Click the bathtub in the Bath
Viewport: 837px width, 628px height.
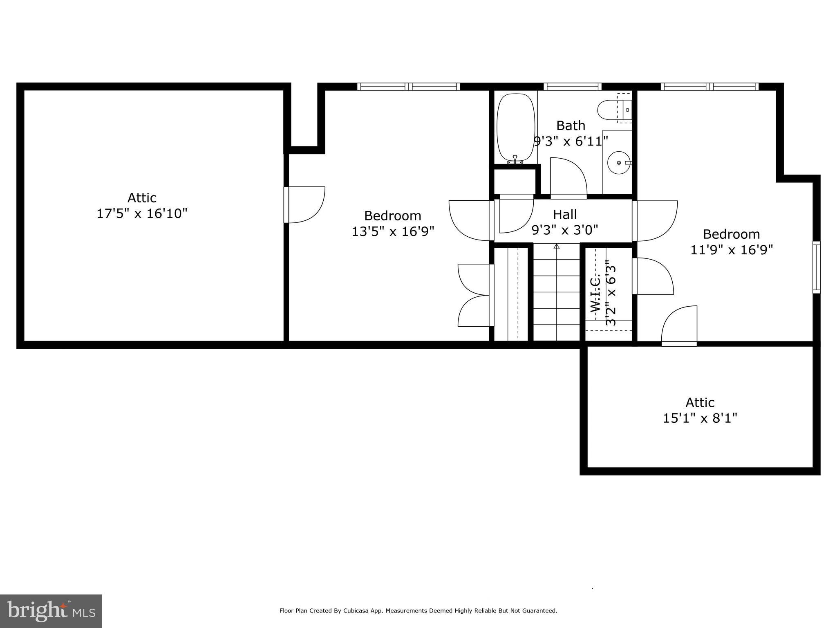(515, 128)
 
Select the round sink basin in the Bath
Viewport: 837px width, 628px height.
(619, 163)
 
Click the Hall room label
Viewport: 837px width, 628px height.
(565, 214)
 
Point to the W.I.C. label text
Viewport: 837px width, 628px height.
(595, 293)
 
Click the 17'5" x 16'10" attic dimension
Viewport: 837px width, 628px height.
(142, 213)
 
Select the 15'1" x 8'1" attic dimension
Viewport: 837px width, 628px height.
(700, 418)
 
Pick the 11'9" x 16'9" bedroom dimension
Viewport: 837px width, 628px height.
(732, 250)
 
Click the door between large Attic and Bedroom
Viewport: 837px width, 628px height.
(304, 205)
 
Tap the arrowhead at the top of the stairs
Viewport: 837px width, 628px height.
(556, 246)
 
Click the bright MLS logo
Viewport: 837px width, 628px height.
(51, 611)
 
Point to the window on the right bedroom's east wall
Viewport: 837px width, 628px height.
(816, 267)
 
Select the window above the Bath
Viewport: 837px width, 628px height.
(572, 87)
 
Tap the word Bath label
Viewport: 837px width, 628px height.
(571, 125)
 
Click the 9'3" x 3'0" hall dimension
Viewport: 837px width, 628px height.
(565, 230)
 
